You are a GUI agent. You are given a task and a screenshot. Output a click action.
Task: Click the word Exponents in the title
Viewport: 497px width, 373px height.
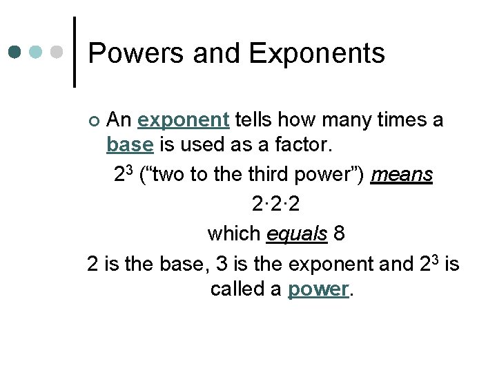(317, 54)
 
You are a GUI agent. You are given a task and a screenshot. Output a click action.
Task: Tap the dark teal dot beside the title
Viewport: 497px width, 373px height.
(16, 52)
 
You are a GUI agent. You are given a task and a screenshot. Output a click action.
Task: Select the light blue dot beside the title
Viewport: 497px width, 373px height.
(37, 52)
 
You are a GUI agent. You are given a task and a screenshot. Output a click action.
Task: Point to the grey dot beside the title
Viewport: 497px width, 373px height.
(57, 52)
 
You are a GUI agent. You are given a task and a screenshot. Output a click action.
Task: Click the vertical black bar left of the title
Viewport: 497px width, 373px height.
(75, 52)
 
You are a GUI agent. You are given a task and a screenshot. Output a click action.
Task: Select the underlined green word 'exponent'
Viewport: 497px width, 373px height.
(183, 121)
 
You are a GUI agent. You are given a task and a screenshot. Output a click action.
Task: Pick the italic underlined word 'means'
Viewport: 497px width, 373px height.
(402, 175)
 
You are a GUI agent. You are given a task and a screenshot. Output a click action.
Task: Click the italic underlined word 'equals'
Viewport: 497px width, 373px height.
(297, 233)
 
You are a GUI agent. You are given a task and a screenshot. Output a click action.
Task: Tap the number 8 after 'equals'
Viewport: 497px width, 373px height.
(338, 233)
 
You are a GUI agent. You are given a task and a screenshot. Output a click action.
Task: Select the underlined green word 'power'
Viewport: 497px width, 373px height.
(318, 289)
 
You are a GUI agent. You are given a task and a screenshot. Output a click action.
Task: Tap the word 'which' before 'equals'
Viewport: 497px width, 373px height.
(233, 233)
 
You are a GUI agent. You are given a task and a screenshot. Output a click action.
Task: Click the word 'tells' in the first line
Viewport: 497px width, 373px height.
(252, 121)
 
